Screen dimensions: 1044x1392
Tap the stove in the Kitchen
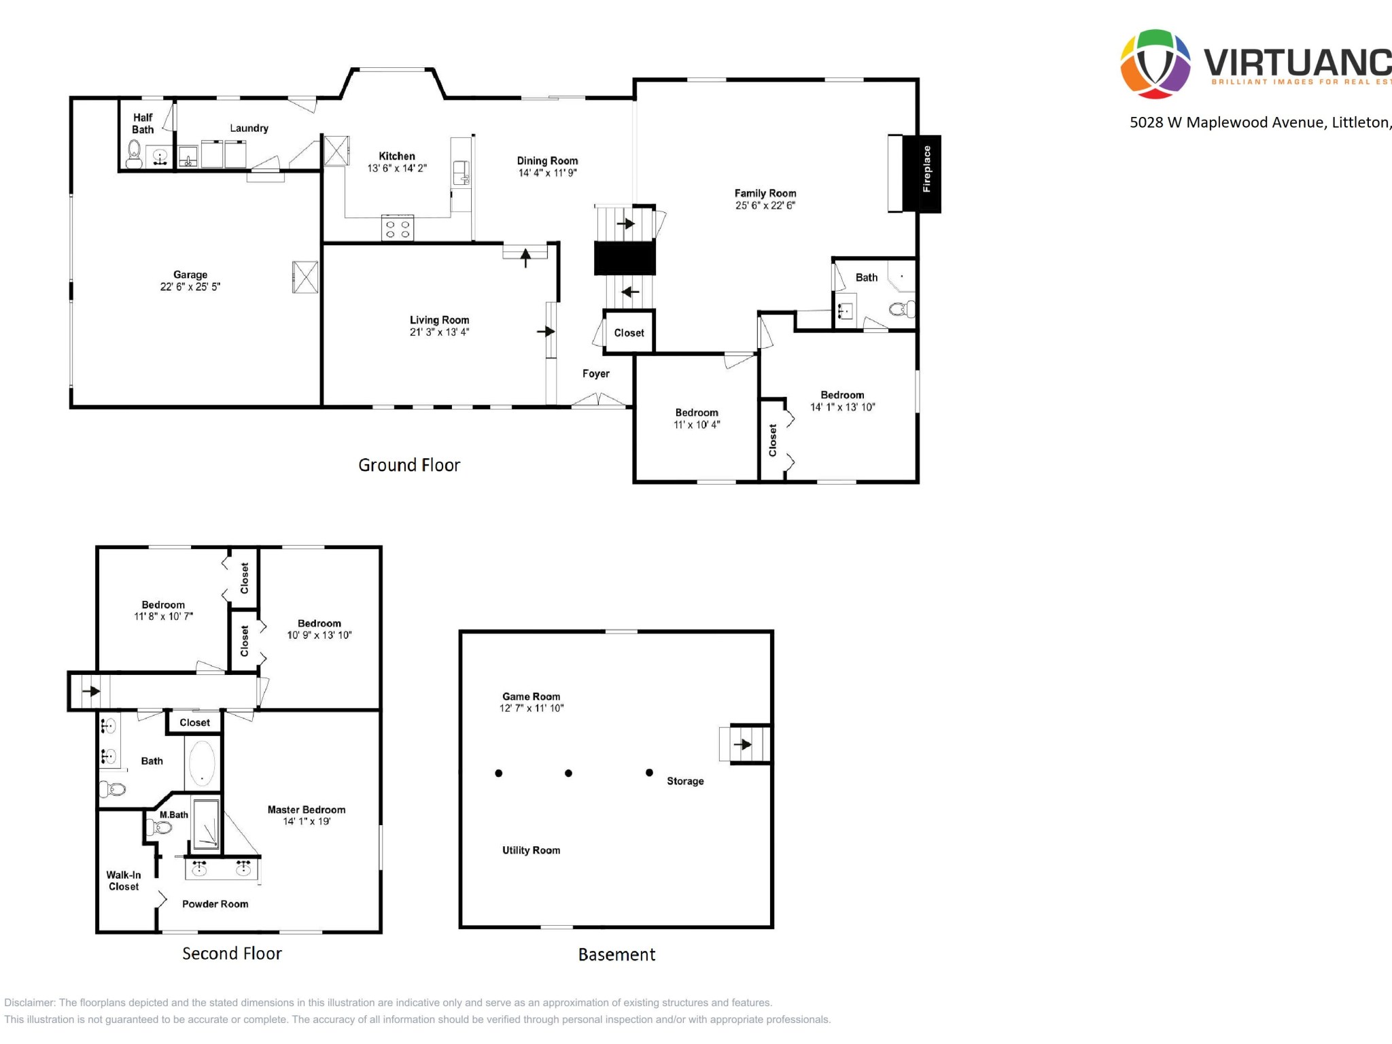click(398, 228)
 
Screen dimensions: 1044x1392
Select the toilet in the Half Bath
click(134, 154)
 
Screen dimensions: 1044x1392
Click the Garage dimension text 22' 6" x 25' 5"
click(190, 287)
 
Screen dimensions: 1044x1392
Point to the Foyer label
click(595, 373)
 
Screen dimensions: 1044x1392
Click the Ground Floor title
click(409, 465)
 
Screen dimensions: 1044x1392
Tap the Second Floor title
click(232, 954)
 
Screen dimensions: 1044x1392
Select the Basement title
click(616, 954)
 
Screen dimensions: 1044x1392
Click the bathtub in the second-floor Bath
click(202, 763)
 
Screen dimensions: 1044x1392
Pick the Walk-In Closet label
click(124, 881)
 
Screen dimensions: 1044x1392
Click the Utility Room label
click(531, 850)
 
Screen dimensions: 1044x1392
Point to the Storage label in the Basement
click(685, 781)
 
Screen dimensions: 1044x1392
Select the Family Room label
click(765, 193)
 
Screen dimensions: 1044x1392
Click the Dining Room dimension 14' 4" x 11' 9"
click(547, 173)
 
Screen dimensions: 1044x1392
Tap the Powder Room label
click(215, 904)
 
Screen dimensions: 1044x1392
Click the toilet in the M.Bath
click(160, 827)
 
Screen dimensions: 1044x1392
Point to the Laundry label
click(249, 128)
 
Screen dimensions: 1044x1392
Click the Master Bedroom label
click(307, 810)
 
